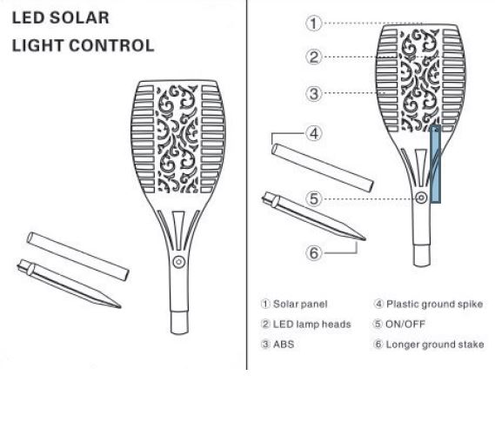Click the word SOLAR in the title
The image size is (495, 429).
tap(79, 17)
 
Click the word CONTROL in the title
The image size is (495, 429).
tap(111, 45)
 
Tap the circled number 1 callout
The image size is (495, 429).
tap(313, 23)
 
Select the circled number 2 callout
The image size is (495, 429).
tap(313, 57)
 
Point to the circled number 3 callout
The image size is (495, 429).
tap(313, 94)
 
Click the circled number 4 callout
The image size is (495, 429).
tap(313, 133)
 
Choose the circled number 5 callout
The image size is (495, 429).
tap(313, 199)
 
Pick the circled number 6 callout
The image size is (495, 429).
tap(313, 252)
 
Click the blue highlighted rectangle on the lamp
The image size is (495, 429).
tap(436, 164)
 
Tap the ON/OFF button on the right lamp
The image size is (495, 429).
tap(421, 198)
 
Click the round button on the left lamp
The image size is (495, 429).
tap(179, 262)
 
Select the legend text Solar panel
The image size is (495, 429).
tap(300, 304)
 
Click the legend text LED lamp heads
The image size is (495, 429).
tap(312, 325)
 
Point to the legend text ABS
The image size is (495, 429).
tap(284, 345)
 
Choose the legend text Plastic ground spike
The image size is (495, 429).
tap(435, 304)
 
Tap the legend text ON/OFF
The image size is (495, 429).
tap(405, 325)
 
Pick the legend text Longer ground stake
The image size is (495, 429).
tap(435, 345)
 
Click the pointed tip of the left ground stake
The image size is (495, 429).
tap(120, 306)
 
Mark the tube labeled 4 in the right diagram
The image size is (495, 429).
tap(323, 168)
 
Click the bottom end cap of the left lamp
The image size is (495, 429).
tap(179, 323)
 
